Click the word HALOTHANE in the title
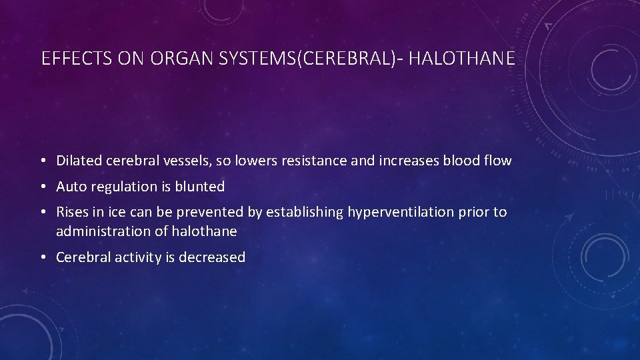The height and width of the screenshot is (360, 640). click(461, 59)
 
